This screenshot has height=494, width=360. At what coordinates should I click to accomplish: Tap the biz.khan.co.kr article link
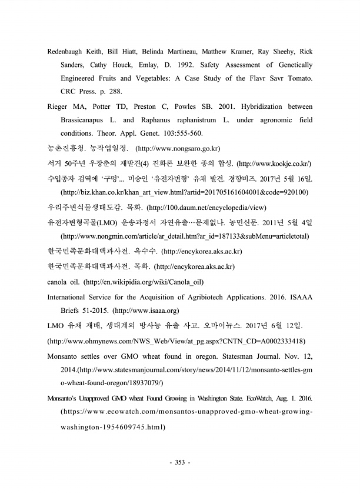pos(185,192)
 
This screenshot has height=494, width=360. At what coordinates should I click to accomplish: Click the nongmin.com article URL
pos(182,238)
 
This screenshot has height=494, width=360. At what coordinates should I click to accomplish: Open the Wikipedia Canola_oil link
pos(136,282)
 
